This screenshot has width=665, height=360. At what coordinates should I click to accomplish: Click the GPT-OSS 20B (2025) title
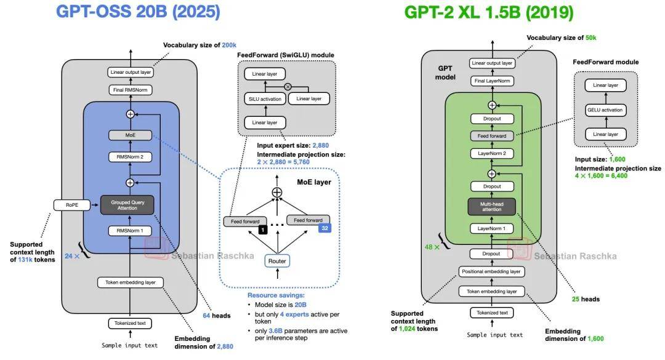click(139, 12)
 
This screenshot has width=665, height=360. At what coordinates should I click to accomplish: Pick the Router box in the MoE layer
click(277, 261)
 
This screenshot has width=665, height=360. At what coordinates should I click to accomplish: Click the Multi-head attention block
click(492, 206)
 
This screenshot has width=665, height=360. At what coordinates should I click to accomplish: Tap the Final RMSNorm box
click(130, 90)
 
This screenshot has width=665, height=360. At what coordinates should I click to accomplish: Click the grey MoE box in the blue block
click(130, 134)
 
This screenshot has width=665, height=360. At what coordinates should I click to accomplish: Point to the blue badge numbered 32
click(324, 228)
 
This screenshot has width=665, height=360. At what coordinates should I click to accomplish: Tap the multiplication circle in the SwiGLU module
click(288, 87)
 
